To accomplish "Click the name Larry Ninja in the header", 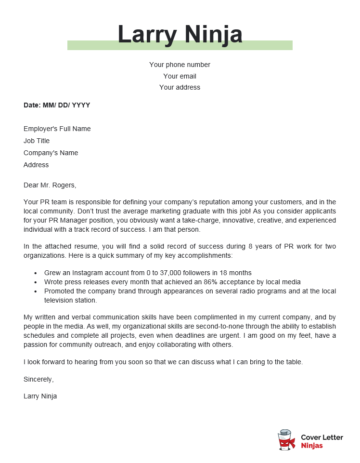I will pyautogui.click(x=180, y=37).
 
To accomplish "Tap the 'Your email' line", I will pyautogui.click(x=180, y=76).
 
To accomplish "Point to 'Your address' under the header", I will pyautogui.click(x=180, y=87).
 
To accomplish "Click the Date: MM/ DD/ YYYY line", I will pyautogui.click(x=57, y=105).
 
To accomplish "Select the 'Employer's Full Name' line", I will pyautogui.click(x=57, y=129).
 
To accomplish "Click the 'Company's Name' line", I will pyautogui.click(x=51, y=152).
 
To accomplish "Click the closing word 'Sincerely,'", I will pyautogui.click(x=38, y=379).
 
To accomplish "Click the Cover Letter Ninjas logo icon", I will pyautogui.click(x=284, y=440).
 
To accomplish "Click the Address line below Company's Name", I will pyautogui.click(x=36, y=164).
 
